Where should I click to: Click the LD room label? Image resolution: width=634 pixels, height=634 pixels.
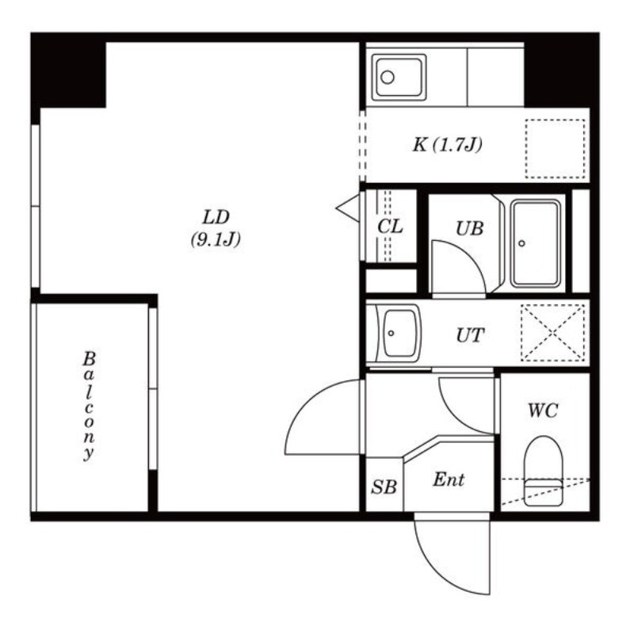pyautogui.click(x=216, y=217)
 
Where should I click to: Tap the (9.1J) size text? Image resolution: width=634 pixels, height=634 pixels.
pyautogui.click(x=216, y=240)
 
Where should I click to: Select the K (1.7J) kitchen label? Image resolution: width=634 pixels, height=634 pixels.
pyautogui.click(x=448, y=145)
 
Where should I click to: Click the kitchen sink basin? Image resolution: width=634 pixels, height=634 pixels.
pyautogui.click(x=399, y=77)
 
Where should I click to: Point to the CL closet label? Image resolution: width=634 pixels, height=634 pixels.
pyautogui.click(x=390, y=227)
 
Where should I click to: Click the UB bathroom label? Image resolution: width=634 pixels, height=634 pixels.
pyautogui.click(x=469, y=229)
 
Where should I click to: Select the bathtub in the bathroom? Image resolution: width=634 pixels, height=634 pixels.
pyautogui.click(x=536, y=243)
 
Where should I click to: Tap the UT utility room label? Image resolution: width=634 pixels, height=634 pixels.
pyautogui.click(x=470, y=335)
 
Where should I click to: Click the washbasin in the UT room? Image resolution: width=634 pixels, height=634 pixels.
pyautogui.click(x=399, y=333)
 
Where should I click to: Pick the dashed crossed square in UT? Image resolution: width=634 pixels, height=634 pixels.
pyautogui.click(x=552, y=333)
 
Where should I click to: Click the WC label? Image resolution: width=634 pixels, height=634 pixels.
pyautogui.click(x=543, y=411)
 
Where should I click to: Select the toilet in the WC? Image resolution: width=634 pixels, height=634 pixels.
pyautogui.click(x=543, y=471)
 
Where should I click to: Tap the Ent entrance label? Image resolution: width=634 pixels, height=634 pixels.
pyautogui.click(x=449, y=480)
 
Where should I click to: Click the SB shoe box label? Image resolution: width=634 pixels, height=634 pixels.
pyautogui.click(x=384, y=487)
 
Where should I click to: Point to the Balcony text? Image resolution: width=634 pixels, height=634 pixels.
pyautogui.click(x=89, y=406)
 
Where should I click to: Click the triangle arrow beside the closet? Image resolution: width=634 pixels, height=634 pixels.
pyautogui.click(x=348, y=208)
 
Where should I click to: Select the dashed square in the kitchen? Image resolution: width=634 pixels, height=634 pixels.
pyautogui.click(x=556, y=149)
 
